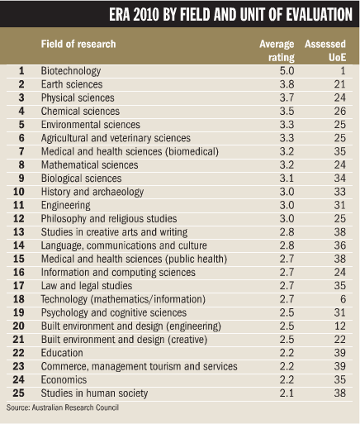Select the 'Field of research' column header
pos(78,44)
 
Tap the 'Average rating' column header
pos(277,50)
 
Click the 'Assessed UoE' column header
pos(325,50)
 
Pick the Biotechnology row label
pos(71,71)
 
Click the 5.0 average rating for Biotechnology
pos(287,71)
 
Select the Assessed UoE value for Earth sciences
pos(339,84)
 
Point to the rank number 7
pos(21,151)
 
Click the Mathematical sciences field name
pos(90,165)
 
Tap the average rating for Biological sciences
pos(287,179)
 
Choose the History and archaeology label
pos(92,192)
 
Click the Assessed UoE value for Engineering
pos(339,205)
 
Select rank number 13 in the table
pos(19,232)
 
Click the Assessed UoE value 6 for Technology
pos(343,299)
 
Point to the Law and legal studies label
pos(87,286)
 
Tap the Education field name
pos(62,353)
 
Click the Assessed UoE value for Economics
pos(339,380)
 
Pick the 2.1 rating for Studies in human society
pos(287,393)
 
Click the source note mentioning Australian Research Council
pos(63,407)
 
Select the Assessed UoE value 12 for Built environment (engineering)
pos(339,326)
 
